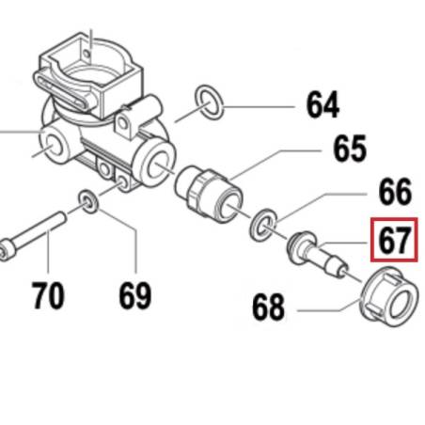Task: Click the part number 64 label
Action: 323,104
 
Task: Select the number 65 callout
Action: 350,149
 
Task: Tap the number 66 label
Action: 395,191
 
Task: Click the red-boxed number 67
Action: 394,240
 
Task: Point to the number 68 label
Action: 268,307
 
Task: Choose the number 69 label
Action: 135,295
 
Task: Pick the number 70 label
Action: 48,295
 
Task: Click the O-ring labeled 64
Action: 209,102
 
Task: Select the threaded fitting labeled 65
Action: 208,195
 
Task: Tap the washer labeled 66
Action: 263,225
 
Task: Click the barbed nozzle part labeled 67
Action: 317,255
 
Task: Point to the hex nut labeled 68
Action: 388,296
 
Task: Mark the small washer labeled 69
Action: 88,201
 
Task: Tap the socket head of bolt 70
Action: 5,250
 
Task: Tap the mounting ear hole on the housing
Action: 123,124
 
